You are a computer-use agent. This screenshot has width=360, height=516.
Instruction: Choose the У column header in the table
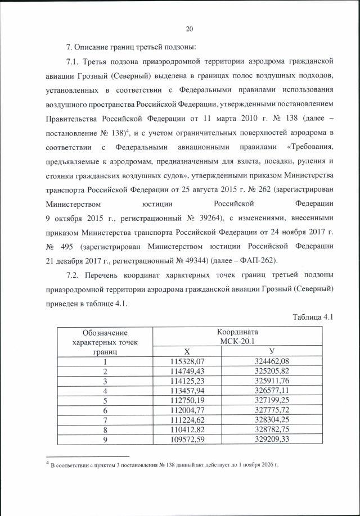272,351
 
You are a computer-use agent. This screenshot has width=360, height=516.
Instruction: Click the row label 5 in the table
105,400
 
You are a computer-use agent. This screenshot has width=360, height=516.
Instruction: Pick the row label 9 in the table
105,439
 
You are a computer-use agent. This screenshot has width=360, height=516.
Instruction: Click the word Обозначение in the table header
105,333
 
